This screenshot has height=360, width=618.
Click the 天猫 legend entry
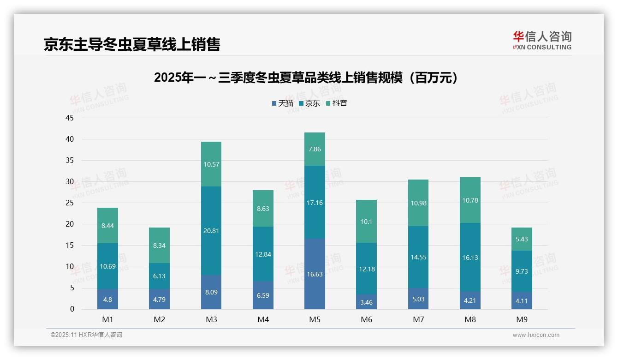[283, 103]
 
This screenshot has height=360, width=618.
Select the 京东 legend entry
[309, 103]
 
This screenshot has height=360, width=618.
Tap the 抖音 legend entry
[337, 103]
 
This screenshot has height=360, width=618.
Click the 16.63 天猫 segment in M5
[315, 274]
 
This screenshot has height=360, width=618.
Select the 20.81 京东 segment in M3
[211, 231]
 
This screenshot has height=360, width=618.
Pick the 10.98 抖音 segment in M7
[418, 203]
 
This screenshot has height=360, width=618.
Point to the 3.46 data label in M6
[367, 303]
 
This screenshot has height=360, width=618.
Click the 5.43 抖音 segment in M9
[522, 239]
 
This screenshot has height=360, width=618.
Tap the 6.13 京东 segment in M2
[159, 276]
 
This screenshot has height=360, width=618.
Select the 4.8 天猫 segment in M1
[107, 299]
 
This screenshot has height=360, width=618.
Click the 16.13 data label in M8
[470, 258]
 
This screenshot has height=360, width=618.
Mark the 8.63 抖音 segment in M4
[263, 209]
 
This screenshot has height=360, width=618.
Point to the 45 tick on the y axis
[70, 118]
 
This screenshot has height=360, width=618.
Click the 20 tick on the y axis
[70, 224]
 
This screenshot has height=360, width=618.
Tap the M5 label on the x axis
[315, 319]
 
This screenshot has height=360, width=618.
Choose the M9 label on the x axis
[522, 319]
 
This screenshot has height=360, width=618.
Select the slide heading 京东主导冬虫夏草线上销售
[132, 44]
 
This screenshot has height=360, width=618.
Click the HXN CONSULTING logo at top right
[542, 41]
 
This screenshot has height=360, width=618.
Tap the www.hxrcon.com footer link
[536, 335]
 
